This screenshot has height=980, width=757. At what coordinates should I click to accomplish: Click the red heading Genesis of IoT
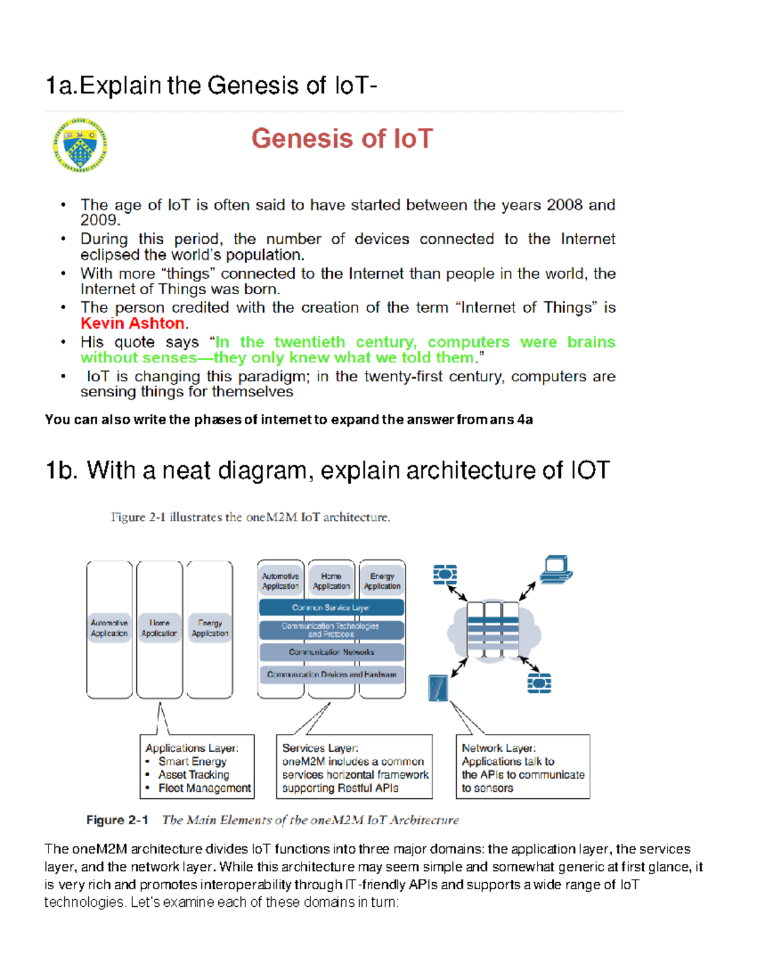coord(342,139)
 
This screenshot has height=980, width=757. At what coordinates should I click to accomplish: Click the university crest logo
coord(80,146)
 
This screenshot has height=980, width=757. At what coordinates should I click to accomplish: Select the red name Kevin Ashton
coord(132,324)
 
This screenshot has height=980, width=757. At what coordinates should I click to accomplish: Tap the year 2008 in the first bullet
coord(564,205)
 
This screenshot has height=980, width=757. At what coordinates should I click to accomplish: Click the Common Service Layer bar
coord(331,608)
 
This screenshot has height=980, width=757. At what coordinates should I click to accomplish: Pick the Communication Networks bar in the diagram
coord(331,652)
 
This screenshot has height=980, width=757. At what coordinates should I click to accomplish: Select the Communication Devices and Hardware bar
coord(331,675)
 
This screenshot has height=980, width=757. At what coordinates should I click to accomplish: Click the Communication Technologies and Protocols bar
coord(331,630)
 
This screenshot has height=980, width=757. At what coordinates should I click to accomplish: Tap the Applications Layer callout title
coord(192,748)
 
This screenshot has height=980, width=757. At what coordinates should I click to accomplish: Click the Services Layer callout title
coord(320,748)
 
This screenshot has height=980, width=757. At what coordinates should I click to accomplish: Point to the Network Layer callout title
coord(498,748)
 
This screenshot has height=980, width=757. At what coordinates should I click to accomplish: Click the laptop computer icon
coord(556,569)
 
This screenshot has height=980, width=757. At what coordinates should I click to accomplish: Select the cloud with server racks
coord(493,630)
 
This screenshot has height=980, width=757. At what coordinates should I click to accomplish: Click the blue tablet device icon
coord(438,688)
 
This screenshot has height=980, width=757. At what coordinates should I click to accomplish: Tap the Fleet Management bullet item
coord(204,788)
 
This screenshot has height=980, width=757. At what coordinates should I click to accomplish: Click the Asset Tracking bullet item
coord(194,775)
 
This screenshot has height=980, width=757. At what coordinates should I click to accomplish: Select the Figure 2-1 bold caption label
coord(117,820)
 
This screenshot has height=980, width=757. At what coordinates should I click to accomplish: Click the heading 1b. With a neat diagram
coord(327,471)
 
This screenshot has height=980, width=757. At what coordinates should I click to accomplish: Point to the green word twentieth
coord(310,342)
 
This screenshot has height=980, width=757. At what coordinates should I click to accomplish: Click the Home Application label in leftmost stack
coord(159,629)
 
